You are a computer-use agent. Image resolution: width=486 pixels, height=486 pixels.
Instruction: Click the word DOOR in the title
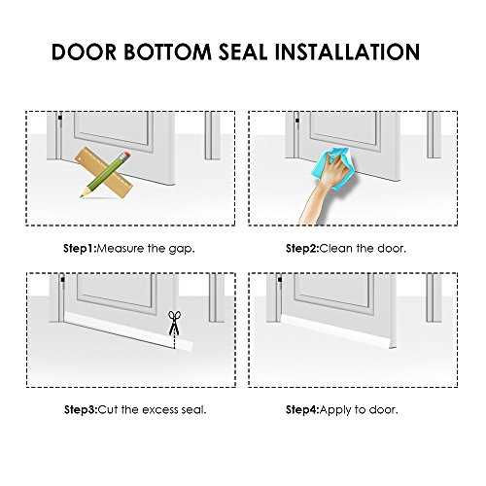pos(84,52)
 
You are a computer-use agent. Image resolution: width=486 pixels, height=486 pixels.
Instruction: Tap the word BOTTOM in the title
pos(168,52)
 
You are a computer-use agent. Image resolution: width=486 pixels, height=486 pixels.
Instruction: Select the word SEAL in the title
pos(243,52)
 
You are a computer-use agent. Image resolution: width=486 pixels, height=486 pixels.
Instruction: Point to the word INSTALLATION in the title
pos(347,52)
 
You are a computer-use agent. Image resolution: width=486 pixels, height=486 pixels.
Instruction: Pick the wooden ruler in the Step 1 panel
pos(104,172)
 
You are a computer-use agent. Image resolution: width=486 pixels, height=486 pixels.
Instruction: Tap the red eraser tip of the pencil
pos(127,154)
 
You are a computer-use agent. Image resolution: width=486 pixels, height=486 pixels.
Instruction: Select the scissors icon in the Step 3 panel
pos(174,323)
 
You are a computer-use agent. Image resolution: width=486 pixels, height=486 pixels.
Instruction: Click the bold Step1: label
pos(80,249)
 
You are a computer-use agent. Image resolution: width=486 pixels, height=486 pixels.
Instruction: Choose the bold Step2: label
pos(302,249)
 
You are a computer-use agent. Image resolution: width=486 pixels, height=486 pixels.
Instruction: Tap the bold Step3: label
pos(81,409)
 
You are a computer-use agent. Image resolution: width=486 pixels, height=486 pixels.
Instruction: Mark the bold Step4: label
pos(302,410)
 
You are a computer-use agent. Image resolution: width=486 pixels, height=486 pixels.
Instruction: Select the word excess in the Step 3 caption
pos(160,410)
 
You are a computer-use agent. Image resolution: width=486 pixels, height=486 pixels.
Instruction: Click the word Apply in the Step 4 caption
pos(336,410)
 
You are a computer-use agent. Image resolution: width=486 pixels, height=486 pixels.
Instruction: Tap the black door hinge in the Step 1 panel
pos(59,118)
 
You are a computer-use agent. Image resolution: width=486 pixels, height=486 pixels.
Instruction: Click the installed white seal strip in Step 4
pos(338,332)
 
